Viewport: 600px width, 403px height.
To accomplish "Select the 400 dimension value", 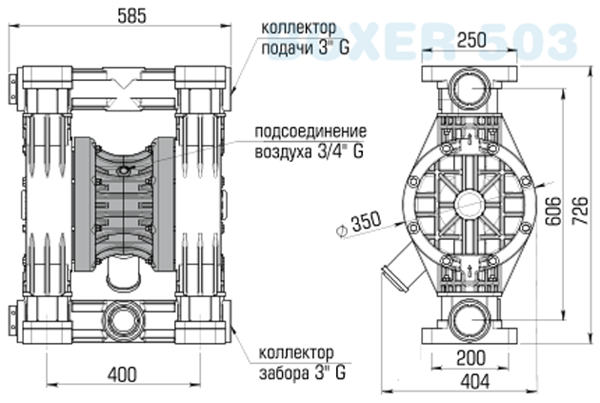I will pos(121,374).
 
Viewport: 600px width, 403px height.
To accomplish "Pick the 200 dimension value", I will pos(472,359).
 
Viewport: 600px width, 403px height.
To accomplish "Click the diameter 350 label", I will pos(359,224).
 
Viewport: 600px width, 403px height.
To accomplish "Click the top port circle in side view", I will pos(472,91).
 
